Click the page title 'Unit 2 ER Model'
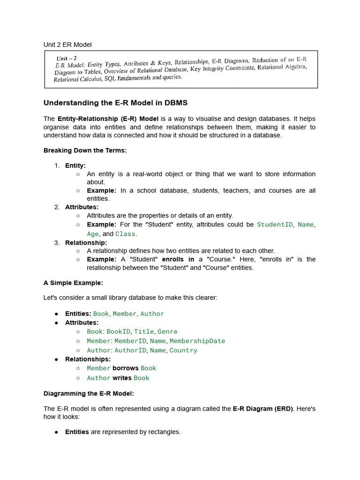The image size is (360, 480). [x=67, y=45]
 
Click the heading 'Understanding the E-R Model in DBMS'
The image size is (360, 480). [x=115, y=103]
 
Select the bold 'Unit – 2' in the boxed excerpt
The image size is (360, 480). [x=67, y=58]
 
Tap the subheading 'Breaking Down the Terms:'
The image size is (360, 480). [x=85, y=150]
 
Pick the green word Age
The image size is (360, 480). [x=93, y=233]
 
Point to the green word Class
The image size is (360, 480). [x=125, y=233]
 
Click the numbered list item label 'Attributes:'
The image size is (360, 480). [x=82, y=207]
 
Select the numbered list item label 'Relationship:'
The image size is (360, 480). [x=86, y=242]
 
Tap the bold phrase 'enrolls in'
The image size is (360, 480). [x=178, y=259]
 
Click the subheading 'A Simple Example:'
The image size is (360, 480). [x=73, y=283]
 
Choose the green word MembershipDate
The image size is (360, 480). [x=197, y=341]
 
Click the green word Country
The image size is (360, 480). [x=183, y=350]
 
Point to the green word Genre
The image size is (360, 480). [x=167, y=331]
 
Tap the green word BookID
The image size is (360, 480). [x=119, y=331]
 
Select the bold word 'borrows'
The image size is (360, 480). [x=126, y=368]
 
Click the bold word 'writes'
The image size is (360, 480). [x=122, y=378]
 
